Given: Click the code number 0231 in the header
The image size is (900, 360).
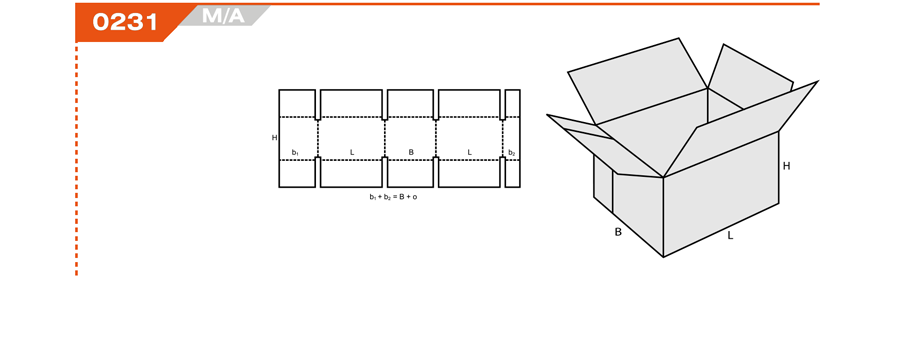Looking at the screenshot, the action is (125, 22).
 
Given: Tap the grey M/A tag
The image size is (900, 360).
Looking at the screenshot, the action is (223, 16).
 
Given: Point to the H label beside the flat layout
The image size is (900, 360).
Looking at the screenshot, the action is (274, 138).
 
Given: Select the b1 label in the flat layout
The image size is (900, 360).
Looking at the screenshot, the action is (295, 153).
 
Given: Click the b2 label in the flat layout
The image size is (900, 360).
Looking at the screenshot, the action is (512, 153).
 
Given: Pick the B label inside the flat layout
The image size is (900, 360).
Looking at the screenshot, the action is (411, 152).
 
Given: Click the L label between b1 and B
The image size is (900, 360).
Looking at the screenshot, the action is (352, 152).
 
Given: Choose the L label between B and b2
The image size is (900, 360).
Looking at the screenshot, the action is (470, 152).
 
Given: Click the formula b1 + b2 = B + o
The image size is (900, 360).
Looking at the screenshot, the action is (393, 197).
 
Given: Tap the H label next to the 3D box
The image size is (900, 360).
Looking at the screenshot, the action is (786, 166).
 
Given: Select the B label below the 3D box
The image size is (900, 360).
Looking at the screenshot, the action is (618, 233).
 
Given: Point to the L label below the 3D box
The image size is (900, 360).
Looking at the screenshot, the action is (730, 235).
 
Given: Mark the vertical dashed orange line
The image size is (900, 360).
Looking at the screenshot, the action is (76, 159).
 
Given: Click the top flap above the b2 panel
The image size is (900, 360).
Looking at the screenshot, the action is (513, 103).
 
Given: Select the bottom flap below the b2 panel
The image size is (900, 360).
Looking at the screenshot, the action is (513, 173).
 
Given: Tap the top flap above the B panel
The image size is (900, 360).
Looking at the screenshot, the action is (410, 103).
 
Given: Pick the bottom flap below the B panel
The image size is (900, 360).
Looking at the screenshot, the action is (410, 173).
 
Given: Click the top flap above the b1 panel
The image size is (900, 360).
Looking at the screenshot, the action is (297, 103).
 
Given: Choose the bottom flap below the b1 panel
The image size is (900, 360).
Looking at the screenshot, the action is (297, 173).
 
